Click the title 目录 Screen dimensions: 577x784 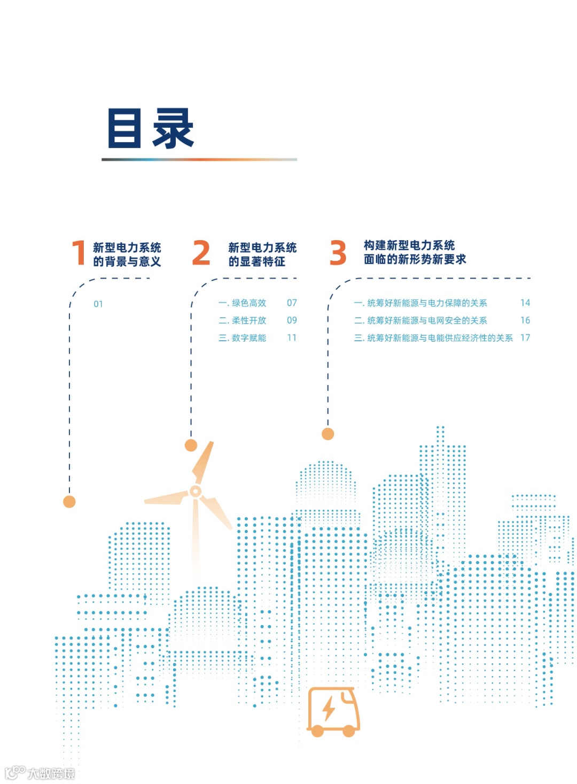(151, 128)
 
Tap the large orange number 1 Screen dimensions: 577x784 (79, 253)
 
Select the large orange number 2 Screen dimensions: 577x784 (201, 253)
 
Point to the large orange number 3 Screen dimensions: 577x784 (338, 253)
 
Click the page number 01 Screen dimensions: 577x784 (98, 304)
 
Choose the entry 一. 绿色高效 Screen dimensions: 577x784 (243, 303)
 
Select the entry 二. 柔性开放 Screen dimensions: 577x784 (243, 320)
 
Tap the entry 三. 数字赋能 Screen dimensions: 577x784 (243, 338)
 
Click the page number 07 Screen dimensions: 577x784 (292, 303)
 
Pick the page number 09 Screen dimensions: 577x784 (292, 320)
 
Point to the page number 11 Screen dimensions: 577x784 (292, 338)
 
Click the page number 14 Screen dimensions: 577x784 (525, 303)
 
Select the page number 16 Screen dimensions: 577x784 (525, 320)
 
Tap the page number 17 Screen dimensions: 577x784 (525, 338)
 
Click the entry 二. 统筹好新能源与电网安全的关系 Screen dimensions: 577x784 (420, 320)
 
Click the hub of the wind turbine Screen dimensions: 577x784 (196, 491)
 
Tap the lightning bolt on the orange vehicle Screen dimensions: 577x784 (329, 709)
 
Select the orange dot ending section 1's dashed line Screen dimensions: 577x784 (69, 502)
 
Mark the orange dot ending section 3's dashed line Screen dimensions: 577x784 (328, 434)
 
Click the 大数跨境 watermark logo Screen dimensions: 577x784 (40, 773)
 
